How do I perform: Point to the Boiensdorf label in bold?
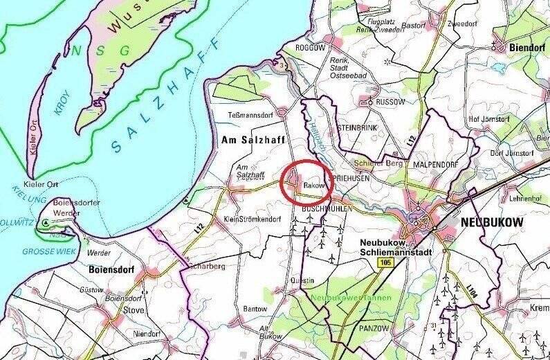pyautogui.click(x=111, y=268)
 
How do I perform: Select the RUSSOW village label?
pyautogui.click(x=392, y=101)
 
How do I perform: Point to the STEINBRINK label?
pyautogui.click(x=356, y=128)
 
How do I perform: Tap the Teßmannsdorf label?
pyautogui.click(x=248, y=114)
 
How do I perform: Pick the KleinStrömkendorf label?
pyautogui.click(x=253, y=219)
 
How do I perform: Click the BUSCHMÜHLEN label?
pyautogui.click(x=329, y=207)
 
